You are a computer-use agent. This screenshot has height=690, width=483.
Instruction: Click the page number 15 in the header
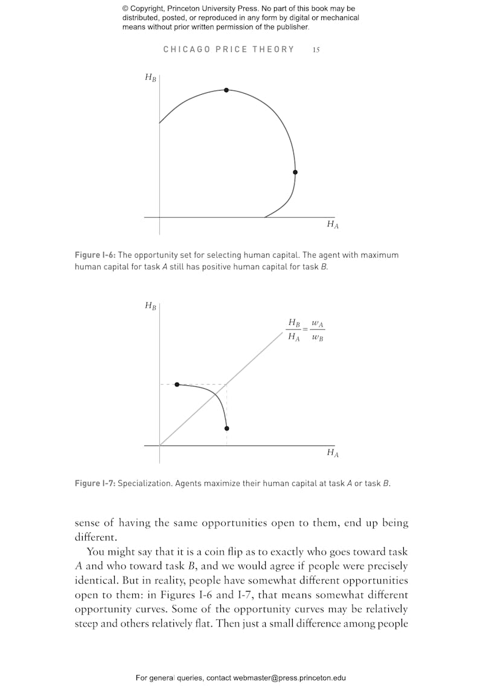tap(316, 50)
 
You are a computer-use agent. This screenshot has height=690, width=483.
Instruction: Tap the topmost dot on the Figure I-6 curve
tap(226, 90)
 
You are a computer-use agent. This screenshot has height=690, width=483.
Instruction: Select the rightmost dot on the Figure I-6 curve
tap(295, 172)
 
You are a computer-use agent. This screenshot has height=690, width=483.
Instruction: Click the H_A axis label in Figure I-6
tap(333, 224)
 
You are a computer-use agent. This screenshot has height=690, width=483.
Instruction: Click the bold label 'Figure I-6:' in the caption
tap(95, 255)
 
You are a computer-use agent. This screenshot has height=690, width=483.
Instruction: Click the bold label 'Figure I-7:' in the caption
tap(95, 484)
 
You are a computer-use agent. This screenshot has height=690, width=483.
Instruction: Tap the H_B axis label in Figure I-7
tap(150, 305)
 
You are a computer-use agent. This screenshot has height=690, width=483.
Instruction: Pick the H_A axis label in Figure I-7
tap(333, 453)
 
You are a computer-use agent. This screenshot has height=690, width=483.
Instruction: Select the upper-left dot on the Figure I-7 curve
tap(177, 385)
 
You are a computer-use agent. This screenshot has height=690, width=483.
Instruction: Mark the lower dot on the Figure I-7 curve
tap(226, 429)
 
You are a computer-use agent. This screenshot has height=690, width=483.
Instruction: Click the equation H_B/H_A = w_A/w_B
tap(305, 330)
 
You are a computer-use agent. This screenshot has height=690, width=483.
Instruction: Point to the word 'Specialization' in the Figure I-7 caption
tap(144, 484)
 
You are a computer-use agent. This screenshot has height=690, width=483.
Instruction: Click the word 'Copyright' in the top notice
tap(149, 9)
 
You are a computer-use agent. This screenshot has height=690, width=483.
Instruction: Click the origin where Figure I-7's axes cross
tap(160, 446)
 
